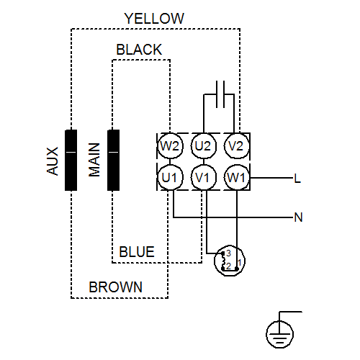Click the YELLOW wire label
(x=154, y=19)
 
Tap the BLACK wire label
(x=139, y=50)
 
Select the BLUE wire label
(x=137, y=252)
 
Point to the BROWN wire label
(x=116, y=287)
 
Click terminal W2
(x=170, y=146)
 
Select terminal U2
(x=204, y=146)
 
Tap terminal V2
(x=237, y=146)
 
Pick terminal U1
(x=170, y=178)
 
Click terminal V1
(x=204, y=178)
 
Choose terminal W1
(x=237, y=178)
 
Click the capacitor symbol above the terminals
(x=220, y=94)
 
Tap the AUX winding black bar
(x=71, y=161)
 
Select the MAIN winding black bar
(x=113, y=161)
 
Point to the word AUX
(x=53, y=161)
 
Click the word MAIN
(x=94, y=160)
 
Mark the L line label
(x=297, y=179)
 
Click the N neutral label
(x=298, y=217)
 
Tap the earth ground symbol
(x=280, y=334)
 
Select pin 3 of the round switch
(x=228, y=253)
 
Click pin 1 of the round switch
(x=239, y=262)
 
